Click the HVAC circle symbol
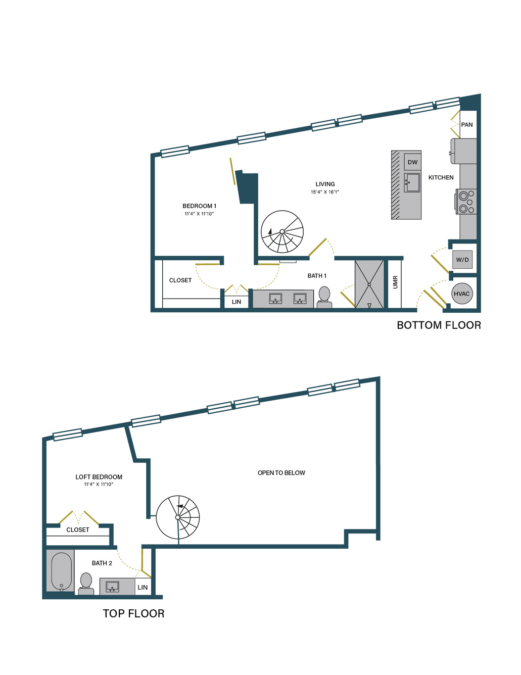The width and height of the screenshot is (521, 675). (x=461, y=293)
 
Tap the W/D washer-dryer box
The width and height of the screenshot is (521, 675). (x=462, y=259)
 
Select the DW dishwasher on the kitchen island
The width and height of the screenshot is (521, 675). (x=412, y=162)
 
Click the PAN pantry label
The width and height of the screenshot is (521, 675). (x=466, y=125)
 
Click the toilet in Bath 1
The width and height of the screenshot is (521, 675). (x=324, y=297)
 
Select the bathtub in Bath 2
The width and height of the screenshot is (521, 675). (x=61, y=571)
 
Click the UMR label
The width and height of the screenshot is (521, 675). (x=395, y=282)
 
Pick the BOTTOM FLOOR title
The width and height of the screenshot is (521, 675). (x=439, y=325)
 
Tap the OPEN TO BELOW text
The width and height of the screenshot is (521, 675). (x=281, y=473)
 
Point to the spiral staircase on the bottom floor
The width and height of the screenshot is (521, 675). (x=282, y=232)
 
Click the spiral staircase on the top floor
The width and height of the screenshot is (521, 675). (x=178, y=517)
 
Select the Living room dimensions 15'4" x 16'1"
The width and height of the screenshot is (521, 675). (x=324, y=192)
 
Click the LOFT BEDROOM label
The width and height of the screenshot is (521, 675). (x=99, y=477)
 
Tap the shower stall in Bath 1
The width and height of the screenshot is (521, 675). (x=369, y=284)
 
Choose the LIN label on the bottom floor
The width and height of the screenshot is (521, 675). (x=236, y=302)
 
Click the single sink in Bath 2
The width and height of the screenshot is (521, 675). (x=113, y=587)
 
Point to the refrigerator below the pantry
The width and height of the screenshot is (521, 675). (x=463, y=151)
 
